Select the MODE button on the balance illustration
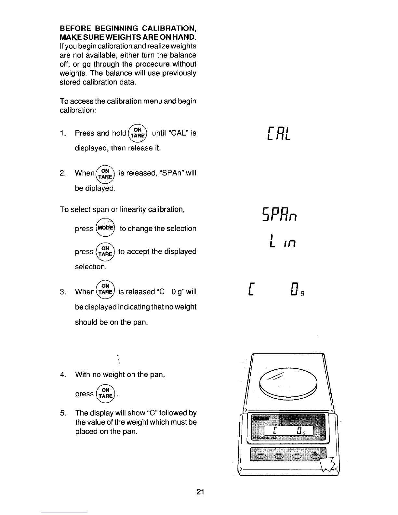(278, 455)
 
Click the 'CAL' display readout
(278, 134)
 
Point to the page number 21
(200, 492)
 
